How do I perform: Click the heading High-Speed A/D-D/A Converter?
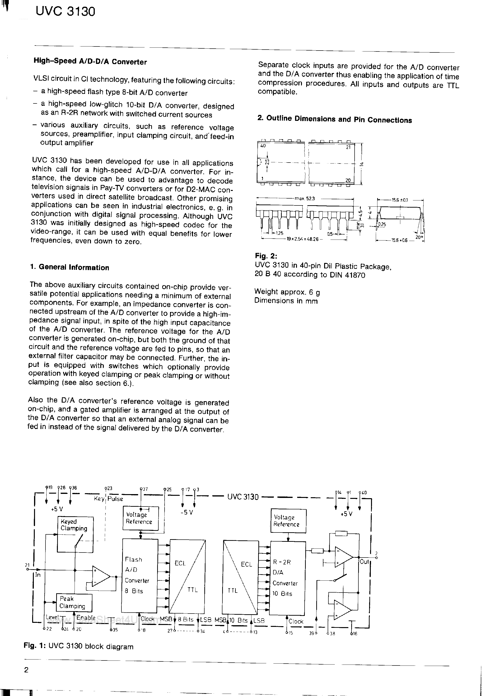(x=90, y=61)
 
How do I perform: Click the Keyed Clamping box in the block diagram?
(x=75, y=534)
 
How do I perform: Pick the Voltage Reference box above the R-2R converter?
(x=288, y=521)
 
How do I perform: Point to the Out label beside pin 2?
(x=364, y=561)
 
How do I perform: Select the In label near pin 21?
(x=38, y=574)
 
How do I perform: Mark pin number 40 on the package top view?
(x=263, y=146)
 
